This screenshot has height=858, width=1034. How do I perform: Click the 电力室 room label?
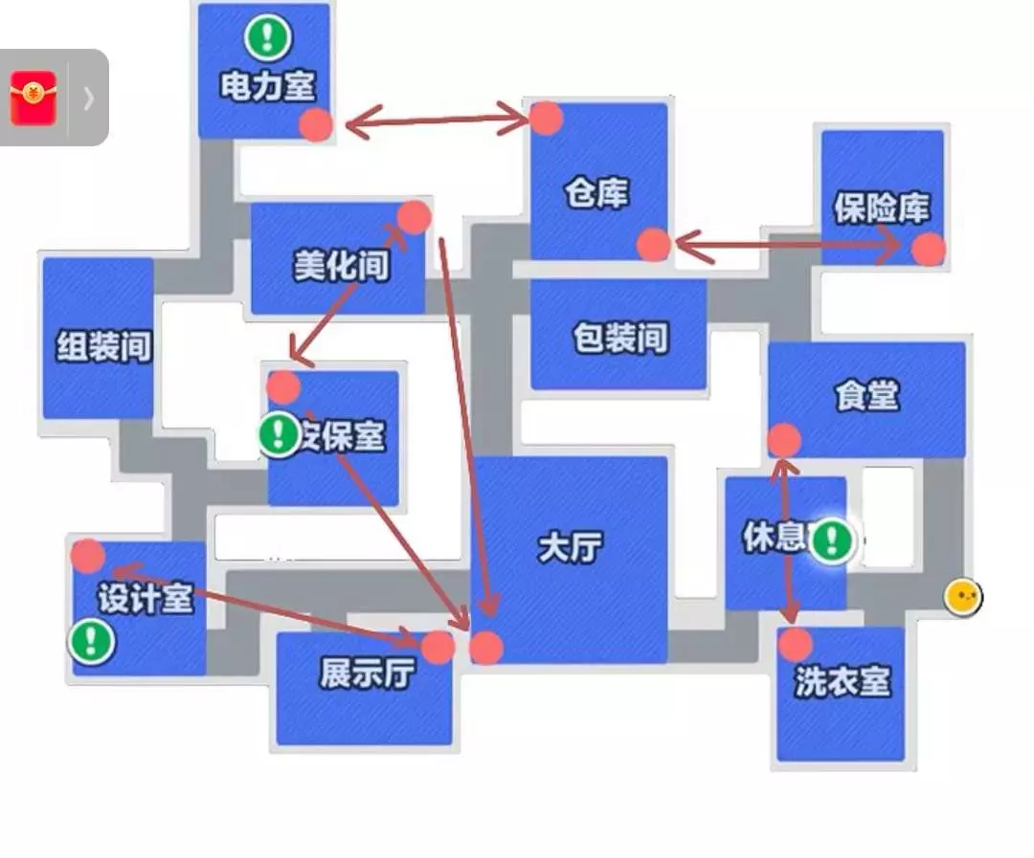(x=267, y=87)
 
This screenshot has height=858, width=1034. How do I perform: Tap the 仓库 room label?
(x=596, y=194)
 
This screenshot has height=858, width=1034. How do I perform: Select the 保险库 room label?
(x=881, y=208)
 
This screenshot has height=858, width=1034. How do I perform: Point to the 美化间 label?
(x=342, y=265)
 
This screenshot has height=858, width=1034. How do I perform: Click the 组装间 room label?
(x=104, y=345)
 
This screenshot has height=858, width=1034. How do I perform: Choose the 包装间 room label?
(x=619, y=338)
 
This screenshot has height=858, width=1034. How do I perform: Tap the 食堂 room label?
(x=867, y=395)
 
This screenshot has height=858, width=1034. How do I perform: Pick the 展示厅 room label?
(x=367, y=674)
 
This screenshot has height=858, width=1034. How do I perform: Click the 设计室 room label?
(x=146, y=599)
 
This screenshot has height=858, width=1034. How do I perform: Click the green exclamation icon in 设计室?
(x=92, y=640)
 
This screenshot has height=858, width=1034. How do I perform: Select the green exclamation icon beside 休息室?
(x=831, y=540)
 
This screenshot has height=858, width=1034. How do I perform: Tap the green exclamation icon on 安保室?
(x=280, y=435)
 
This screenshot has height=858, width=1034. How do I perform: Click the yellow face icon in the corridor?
(x=962, y=598)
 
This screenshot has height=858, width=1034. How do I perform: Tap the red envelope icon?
(x=34, y=98)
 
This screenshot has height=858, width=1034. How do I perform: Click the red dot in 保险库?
(x=928, y=250)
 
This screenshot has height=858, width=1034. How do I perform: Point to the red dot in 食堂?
(x=784, y=440)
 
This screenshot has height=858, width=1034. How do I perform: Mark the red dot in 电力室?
(x=316, y=124)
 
